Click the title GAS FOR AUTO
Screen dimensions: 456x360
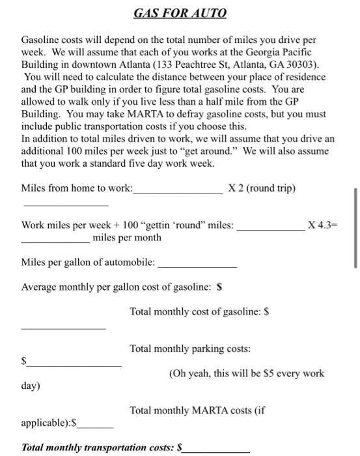click(180, 13)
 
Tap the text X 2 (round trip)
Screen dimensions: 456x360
click(262, 188)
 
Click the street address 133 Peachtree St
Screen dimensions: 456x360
click(202, 65)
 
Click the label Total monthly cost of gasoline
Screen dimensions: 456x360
click(199, 312)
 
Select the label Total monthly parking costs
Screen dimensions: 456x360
click(190, 349)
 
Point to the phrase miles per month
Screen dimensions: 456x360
click(127, 237)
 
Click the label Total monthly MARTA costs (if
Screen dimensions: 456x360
click(198, 410)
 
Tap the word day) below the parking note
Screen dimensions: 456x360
click(31, 386)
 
